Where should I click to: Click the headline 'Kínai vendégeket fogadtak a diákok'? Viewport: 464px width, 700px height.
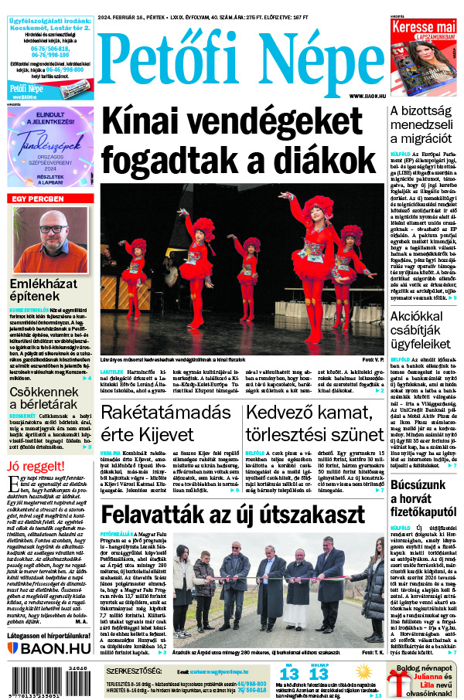232,141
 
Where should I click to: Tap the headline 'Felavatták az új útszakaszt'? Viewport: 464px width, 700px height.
233,514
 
